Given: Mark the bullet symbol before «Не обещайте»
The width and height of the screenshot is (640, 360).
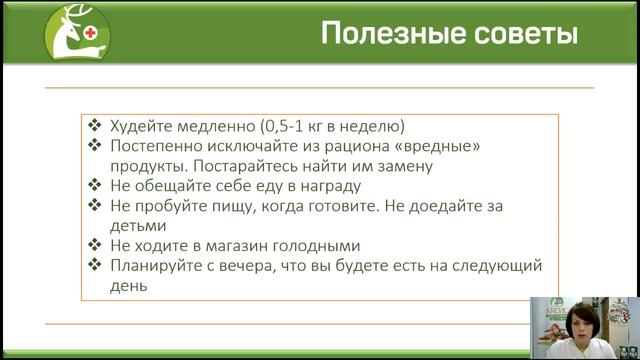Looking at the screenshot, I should coord(94,186).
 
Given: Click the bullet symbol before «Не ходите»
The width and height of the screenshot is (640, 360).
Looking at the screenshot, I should coord(94,246).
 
